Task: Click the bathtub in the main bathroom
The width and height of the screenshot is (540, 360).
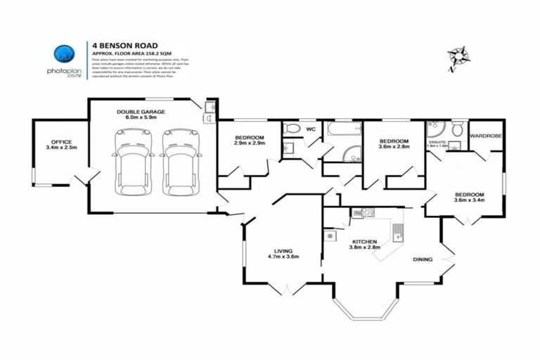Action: (x=343, y=130)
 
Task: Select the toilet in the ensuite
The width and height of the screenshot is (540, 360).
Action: (x=457, y=129)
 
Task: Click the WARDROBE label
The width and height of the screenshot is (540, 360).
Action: (x=485, y=135)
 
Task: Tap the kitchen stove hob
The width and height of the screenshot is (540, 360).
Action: (x=364, y=212)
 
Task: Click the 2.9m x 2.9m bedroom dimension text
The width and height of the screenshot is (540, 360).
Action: (x=249, y=143)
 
